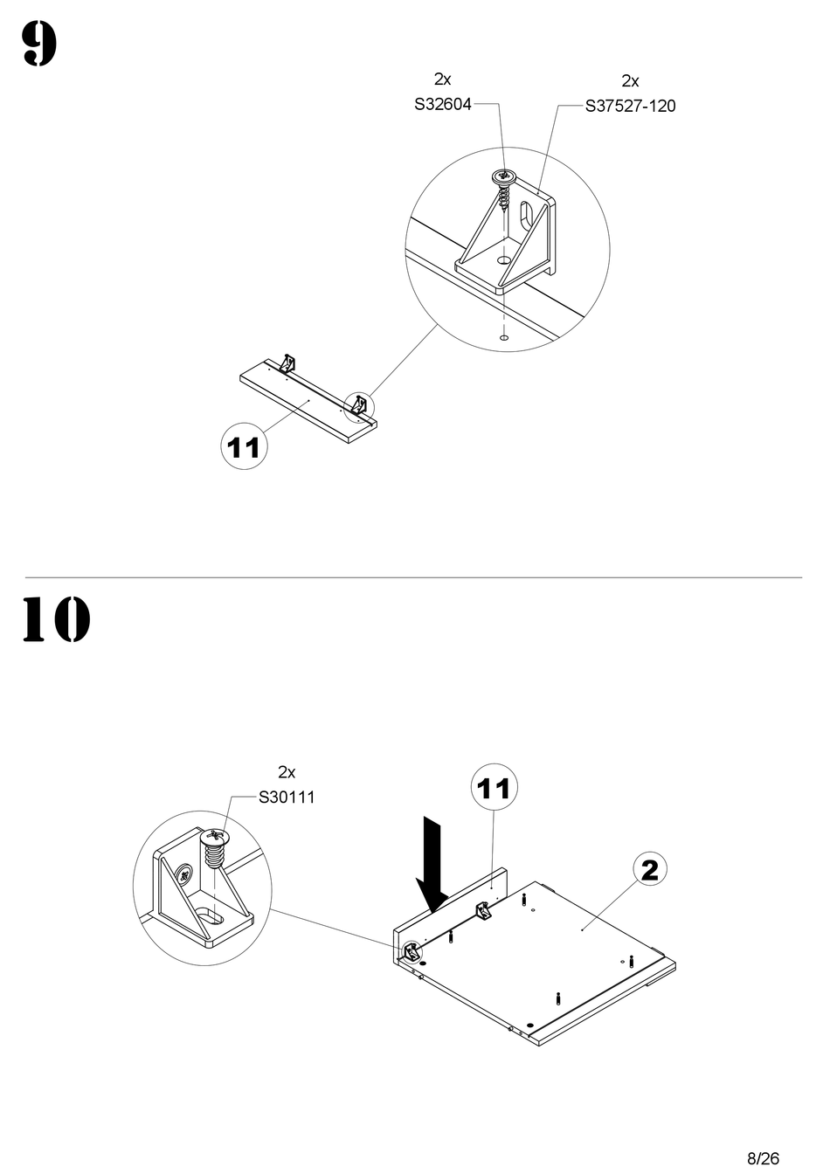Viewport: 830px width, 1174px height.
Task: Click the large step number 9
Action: click(x=39, y=45)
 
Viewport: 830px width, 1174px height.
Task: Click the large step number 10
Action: click(x=55, y=619)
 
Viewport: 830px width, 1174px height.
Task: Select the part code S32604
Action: click(x=442, y=105)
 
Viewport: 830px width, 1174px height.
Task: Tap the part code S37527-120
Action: click(x=630, y=107)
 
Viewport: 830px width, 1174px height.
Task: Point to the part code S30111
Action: click(x=287, y=798)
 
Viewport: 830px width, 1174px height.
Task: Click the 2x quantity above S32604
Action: click(x=442, y=79)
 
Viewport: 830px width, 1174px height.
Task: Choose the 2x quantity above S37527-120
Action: click(x=630, y=81)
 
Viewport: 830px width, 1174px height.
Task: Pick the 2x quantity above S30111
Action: click(x=287, y=772)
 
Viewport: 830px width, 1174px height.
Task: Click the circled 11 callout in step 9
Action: click(x=244, y=446)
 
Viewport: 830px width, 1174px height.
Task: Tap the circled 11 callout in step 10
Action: click(x=494, y=789)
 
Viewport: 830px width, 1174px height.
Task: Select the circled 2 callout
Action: click(x=649, y=869)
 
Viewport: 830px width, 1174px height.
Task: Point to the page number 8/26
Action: click(x=763, y=1158)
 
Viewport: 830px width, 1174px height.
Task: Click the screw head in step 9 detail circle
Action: click(x=504, y=177)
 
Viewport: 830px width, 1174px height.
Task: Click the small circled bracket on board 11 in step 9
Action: click(x=358, y=404)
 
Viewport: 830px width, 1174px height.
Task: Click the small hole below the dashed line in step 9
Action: click(x=503, y=336)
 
